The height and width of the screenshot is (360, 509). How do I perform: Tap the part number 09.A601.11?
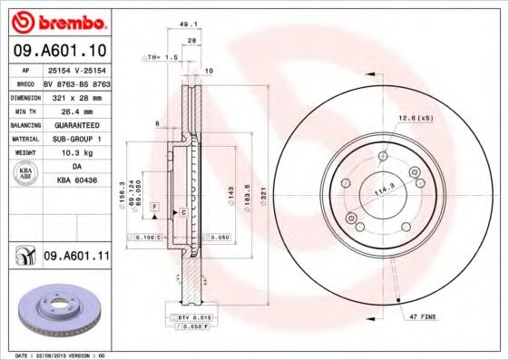[x=76, y=257]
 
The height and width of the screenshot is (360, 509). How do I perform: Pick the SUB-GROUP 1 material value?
[x=76, y=139]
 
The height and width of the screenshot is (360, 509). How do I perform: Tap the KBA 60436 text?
[x=76, y=181]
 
